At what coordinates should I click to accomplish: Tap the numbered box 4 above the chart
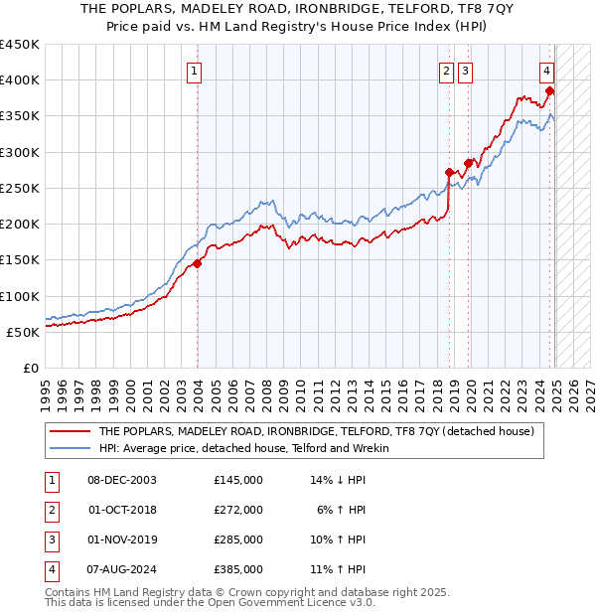click(x=547, y=71)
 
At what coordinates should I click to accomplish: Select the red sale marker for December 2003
click(x=198, y=263)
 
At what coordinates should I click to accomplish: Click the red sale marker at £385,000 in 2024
click(x=549, y=91)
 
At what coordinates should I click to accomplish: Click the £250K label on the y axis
click(x=22, y=188)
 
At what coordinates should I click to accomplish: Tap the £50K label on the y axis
click(x=26, y=332)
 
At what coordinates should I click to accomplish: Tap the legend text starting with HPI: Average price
click(x=243, y=448)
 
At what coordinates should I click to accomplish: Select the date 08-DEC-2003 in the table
click(x=122, y=480)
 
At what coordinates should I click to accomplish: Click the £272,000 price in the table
click(x=238, y=510)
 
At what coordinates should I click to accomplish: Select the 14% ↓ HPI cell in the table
click(x=339, y=480)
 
